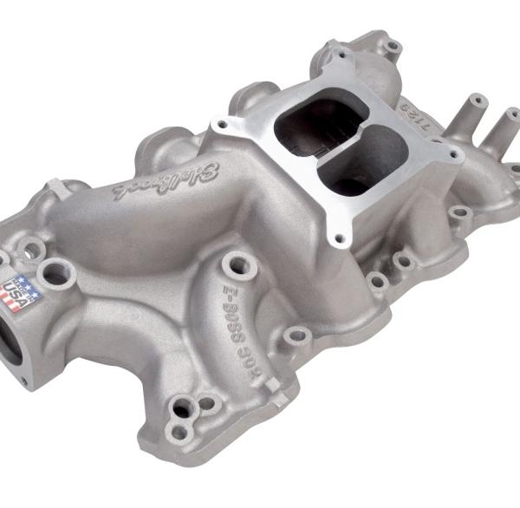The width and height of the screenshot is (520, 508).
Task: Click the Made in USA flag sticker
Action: point(23,290)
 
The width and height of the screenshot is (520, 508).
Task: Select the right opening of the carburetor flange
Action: point(355,169)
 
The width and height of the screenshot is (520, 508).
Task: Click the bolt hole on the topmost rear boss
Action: point(393,43)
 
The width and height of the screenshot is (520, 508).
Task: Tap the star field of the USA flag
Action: point(15,283)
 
